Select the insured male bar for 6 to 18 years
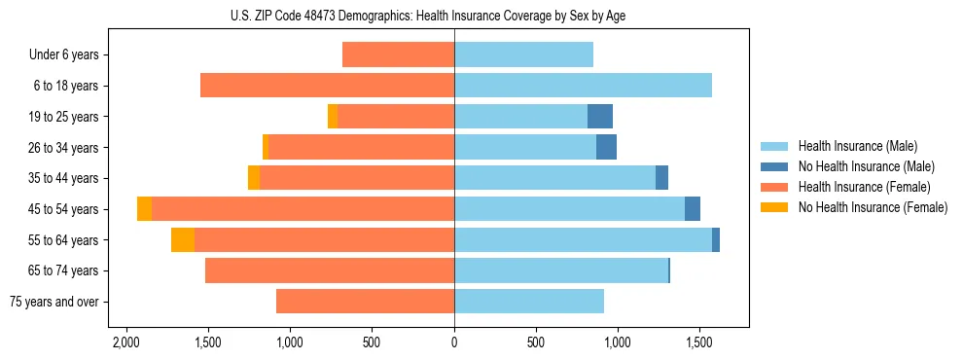[583, 86]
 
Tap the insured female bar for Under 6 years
[398, 54]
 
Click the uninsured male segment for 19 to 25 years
[599, 117]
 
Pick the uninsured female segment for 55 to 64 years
[183, 240]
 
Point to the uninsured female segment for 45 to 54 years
[144, 209]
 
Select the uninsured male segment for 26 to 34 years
[606, 148]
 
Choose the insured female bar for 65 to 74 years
[330, 270]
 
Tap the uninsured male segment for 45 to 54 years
[692, 209]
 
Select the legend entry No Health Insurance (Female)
[873, 207]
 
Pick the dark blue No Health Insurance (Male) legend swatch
[774, 166]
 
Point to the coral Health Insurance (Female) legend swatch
[774, 187]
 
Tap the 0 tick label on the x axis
[454, 343]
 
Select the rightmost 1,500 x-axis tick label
[699, 343]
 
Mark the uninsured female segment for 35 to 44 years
[254, 178]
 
